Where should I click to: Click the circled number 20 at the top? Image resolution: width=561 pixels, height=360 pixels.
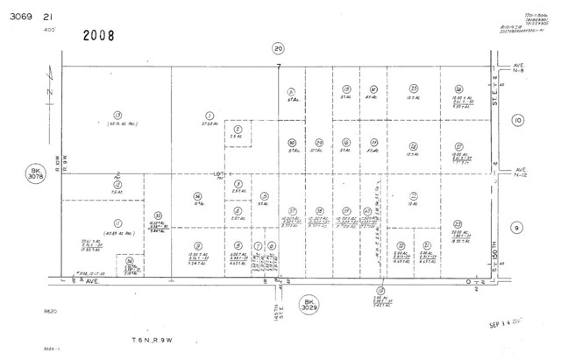coord(279,49)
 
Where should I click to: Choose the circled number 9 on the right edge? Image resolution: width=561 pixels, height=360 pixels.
coord(517,228)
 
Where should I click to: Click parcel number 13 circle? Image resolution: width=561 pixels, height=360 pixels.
coord(117,115)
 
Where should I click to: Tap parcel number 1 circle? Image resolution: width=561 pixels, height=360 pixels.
coord(209,115)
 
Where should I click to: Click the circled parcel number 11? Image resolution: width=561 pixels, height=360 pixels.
coord(117,222)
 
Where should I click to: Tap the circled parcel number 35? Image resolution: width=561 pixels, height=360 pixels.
coord(158,215)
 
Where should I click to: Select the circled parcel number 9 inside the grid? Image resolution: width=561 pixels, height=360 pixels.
coord(199,244)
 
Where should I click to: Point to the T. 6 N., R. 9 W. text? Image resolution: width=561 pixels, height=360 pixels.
coord(155,338)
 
